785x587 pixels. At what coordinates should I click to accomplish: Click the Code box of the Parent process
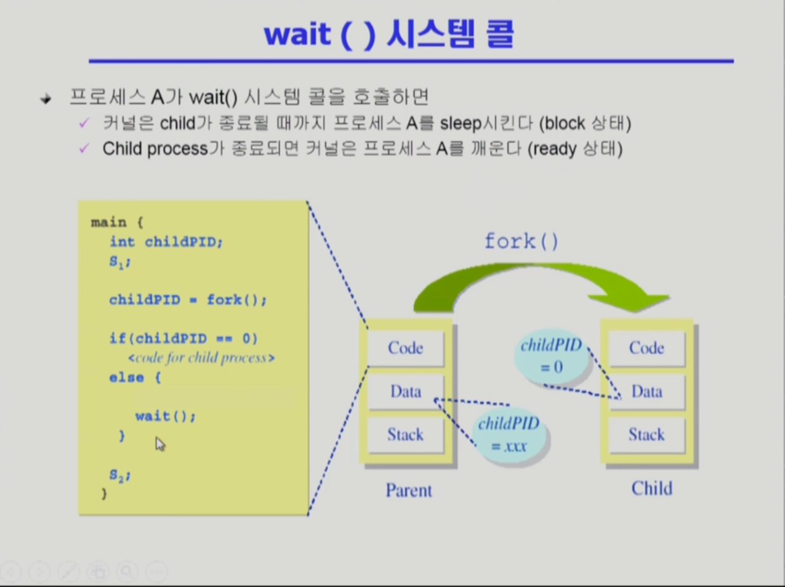click(x=405, y=348)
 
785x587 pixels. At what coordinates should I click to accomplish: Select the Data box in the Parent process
click(x=405, y=392)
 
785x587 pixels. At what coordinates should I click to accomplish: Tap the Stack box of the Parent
click(x=405, y=435)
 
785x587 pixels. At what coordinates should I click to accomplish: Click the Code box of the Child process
click(x=646, y=348)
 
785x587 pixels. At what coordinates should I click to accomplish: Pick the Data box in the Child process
click(x=646, y=392)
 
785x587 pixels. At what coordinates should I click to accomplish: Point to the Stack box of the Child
click(x=646, y=435)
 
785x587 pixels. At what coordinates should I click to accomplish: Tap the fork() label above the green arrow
click(x=521, y=241)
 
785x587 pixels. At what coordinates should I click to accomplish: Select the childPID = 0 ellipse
click(x=550, y=356)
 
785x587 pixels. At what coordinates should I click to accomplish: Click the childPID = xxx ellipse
click(x=509, y=434)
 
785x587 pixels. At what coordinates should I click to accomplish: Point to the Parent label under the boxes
click(x=409, y=490)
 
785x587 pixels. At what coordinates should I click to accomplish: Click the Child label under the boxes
click(x=651, y=488)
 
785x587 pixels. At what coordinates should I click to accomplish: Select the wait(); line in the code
click(x=165, y=416)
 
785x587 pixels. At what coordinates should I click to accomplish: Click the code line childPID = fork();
click(x=188, y=300)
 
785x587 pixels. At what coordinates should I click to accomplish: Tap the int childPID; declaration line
click(x=166, y=242)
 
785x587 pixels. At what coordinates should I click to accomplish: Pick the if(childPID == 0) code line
click(x=183, y=338)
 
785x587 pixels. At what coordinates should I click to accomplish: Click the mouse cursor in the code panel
click(x=159, y=443)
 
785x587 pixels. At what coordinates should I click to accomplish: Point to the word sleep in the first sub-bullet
click(x=460, y=123)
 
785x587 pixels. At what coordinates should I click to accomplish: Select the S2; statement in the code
click(x=119, y=475)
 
